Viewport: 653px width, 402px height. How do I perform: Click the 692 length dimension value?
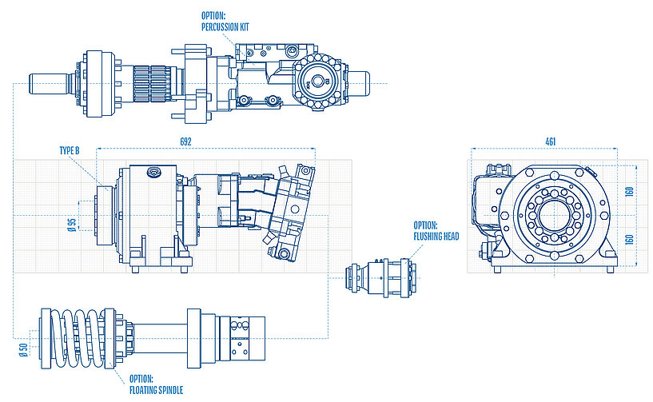pyautogui.click(x=186, y=141)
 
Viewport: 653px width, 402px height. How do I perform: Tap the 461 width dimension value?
pyautogui.click(x=550, y=141)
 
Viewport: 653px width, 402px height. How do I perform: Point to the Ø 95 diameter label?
pyautogui.click(x=71, y=225)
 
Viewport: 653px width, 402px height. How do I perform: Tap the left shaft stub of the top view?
pyautogui.click(x=48, y=83)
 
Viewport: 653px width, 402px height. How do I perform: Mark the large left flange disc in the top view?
pyautogui.click(x=98, y=83)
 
